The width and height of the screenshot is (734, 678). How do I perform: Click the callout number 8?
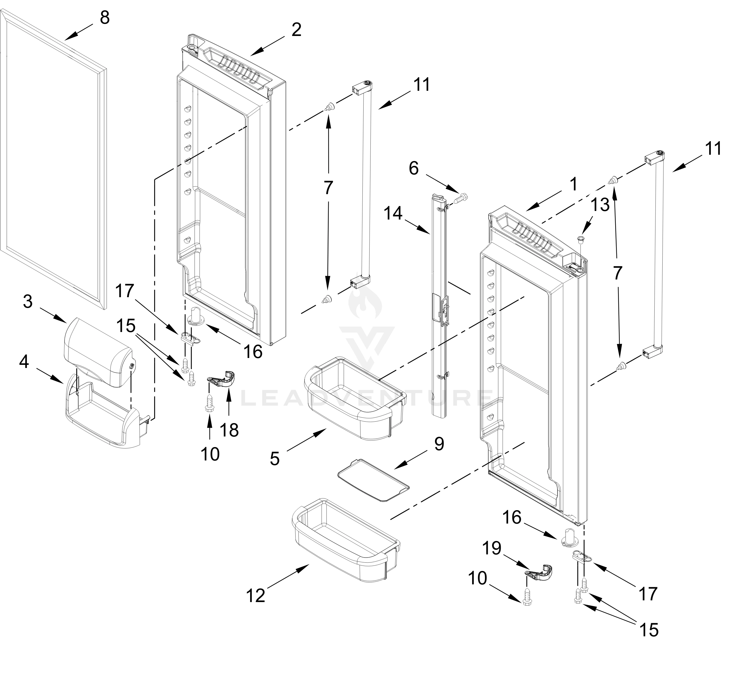click(x=105, y=18)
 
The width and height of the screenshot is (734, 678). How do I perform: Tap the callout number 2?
click(x=296, y=30)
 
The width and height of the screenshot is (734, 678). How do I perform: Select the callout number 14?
click(x=393, y=214)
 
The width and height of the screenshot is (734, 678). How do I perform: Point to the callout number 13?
click(x=600, y=205)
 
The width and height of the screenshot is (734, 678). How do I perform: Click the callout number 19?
click(x=492, y=548)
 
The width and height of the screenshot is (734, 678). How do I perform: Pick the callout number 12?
click(x=256, y=596)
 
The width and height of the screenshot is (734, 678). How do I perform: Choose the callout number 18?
click(x=229, y=430)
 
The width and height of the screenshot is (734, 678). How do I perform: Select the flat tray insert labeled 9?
click(x=374, y=481)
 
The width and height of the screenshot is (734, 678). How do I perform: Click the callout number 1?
click(x=573, y=184)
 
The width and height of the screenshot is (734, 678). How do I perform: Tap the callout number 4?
click(x=24, y=363)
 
